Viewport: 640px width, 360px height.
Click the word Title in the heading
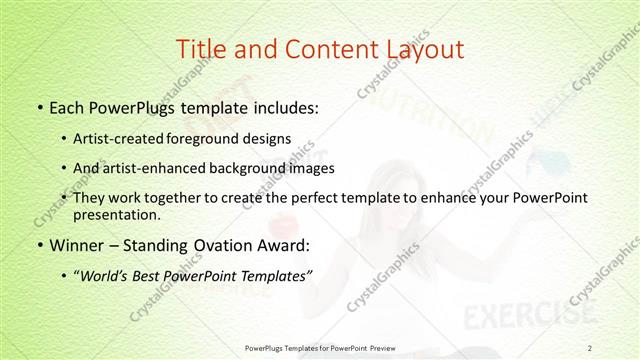201,48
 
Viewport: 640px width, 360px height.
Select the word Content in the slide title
320,48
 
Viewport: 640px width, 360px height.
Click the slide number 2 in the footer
591,347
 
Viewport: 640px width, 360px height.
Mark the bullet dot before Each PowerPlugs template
39,106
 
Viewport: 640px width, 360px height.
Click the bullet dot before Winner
39,242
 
